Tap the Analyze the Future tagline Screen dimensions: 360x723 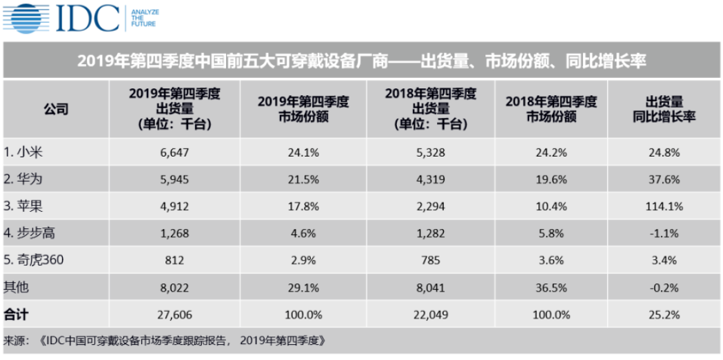point(144,19)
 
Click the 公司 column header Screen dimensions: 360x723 point(56,109)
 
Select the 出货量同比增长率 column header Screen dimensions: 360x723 point(664,109)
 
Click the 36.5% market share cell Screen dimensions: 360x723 point(550,288)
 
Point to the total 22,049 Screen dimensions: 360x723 point(431,314)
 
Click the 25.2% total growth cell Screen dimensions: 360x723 point(664,314)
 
